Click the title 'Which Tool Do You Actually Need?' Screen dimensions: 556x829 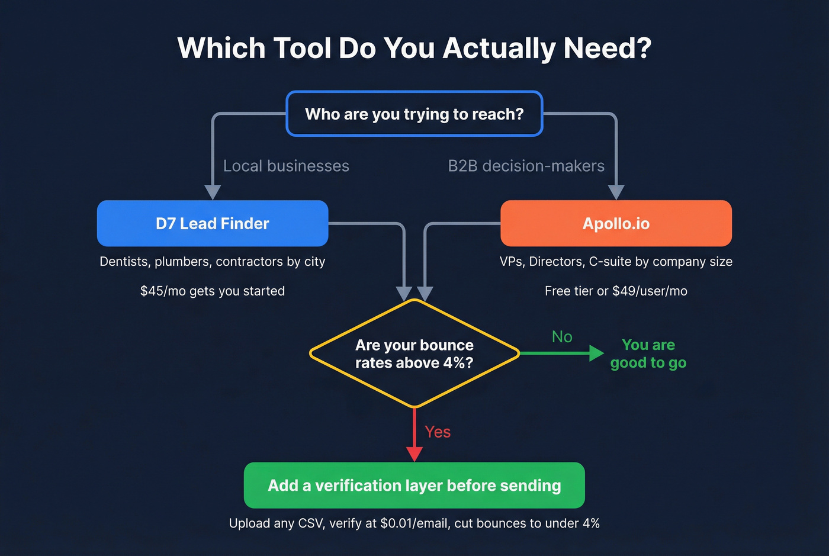pos(414,48)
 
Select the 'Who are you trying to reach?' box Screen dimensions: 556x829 pos(414,114)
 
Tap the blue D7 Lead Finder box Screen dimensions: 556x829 pos(212,223)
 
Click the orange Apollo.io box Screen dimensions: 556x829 pos(616,223)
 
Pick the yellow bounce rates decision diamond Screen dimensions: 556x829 pos(414,353)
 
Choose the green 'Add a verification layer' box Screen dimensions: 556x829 pos(414,486)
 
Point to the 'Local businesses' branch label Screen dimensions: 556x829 pos(286,166)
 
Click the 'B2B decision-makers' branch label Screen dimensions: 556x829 pos(526,166)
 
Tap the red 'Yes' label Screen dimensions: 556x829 pos(438,432)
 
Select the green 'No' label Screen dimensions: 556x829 pos(562,337)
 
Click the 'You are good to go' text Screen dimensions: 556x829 pos(648,353)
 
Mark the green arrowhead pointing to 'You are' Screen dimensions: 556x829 pos(596,353)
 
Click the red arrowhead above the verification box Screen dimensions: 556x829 pos(415,454)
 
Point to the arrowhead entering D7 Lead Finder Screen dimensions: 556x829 pos(213,192)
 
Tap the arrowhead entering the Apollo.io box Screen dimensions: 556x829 pos(616,192)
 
